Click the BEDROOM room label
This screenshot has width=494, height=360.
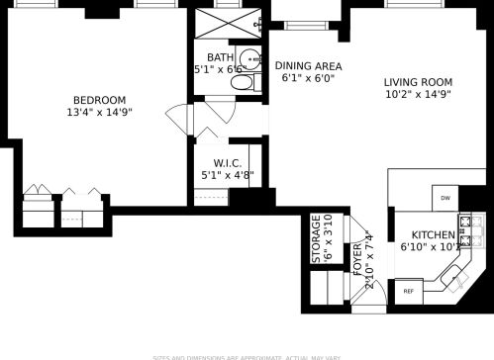[x=99, y=99]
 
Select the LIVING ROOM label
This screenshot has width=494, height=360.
[x=419, y=82]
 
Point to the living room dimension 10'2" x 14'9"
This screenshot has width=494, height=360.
[x=418, y=96]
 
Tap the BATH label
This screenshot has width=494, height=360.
[x=220, y=57]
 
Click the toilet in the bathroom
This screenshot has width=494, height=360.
[x=240, y=85]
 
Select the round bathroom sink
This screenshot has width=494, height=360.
[x=250, y=57]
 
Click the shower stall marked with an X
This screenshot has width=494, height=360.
[x=228, y=23]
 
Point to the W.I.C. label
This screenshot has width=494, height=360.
[x=227, y=163]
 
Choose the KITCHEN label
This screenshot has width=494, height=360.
[x=424, y=235]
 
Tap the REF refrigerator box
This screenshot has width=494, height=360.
[x=408, y=292]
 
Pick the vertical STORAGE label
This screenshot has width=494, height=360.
[x=317, y=237]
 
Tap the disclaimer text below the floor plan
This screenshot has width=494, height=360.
[x=247, y=356]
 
